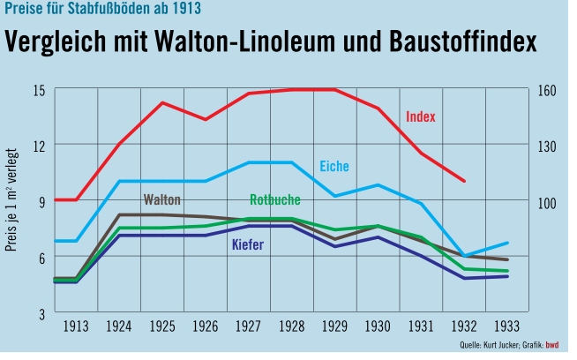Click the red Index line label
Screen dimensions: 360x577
[421, 116]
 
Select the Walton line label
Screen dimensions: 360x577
[162, 199]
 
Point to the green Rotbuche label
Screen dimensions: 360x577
[275, 199]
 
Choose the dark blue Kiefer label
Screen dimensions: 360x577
[248, 244]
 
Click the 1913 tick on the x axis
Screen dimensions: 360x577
[75, 326]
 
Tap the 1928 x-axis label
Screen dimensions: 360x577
[291, 326]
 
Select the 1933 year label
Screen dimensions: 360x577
[506, 326]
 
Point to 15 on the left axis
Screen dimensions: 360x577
[39, 89]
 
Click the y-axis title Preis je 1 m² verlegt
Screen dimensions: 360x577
[12, 201]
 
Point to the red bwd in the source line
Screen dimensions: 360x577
[553, 345]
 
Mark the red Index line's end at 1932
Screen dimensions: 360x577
[464, 180]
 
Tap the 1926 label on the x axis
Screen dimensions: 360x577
[205, 326]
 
